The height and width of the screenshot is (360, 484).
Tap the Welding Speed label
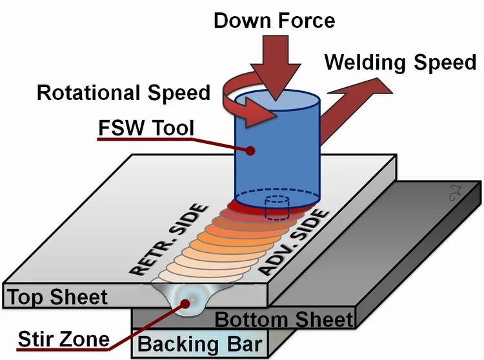click(400, 63)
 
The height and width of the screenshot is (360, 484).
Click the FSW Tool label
click(146, 128)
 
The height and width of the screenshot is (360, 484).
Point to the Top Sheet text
click(57, 297)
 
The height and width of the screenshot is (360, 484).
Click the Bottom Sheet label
click(284, 319)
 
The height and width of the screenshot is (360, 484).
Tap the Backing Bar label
click(198, 343)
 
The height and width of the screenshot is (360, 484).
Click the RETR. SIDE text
click(171, 238)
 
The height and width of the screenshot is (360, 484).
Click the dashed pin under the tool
click(276, 206)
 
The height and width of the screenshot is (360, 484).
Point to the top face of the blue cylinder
click(277, 103)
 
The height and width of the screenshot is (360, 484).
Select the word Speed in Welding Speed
click(443, 63)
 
